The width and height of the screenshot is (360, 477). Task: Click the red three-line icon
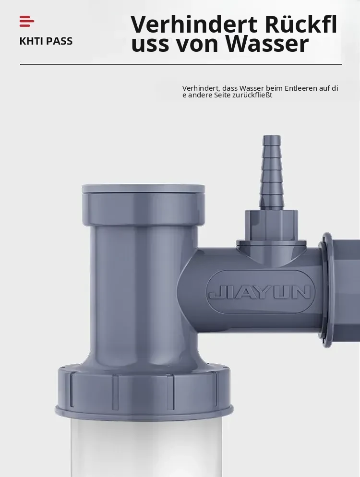coord(27,21)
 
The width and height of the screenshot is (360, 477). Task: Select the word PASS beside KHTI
coord(57,41)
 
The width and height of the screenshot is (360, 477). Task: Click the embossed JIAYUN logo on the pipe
coord(260,292)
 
